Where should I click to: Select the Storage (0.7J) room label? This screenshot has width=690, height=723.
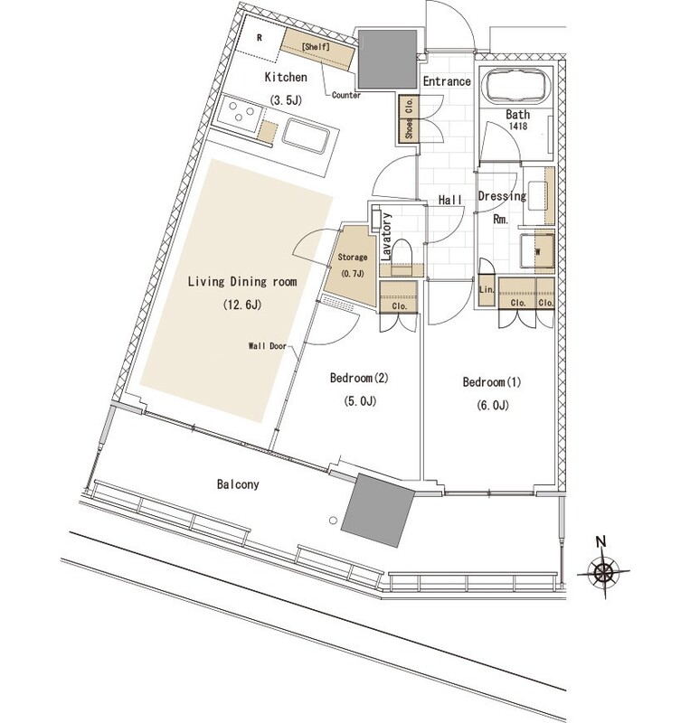(353, 265)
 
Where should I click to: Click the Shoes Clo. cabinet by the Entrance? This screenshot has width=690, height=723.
(409, 118)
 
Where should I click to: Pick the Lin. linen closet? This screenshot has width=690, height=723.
(487, 290)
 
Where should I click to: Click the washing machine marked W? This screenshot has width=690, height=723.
(537, 251)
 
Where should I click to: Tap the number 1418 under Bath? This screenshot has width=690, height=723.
(518, 126)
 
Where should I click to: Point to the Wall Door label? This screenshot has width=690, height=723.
(268, 345)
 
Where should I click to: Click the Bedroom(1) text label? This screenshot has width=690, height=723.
(492, 382)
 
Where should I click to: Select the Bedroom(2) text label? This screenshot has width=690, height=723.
(359, 378)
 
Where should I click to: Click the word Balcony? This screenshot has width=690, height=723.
(238, 484)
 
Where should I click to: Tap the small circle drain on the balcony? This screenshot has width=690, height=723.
(333, 521)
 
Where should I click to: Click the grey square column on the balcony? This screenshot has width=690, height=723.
(378, 510)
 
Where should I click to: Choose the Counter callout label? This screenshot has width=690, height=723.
(346, 95)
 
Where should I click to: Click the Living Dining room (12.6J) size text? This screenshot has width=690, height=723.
(242, 305)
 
